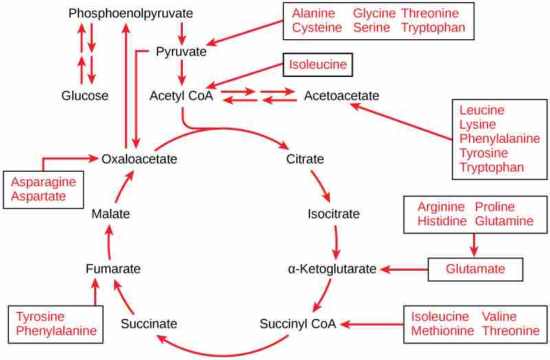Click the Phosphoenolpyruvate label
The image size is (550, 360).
131,14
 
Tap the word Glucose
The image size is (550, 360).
85,96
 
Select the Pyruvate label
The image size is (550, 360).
181,52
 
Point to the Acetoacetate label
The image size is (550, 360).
341,96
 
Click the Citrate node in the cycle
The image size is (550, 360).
305,159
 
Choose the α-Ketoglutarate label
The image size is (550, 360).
332,269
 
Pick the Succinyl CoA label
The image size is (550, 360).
298,324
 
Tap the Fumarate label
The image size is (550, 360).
113,269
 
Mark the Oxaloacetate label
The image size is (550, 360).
139,159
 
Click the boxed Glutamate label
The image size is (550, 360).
475,269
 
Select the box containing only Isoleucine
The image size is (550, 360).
318,66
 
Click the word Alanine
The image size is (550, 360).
313,14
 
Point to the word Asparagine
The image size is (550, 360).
43,182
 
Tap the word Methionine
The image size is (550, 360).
443,331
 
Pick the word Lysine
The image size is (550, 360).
477,124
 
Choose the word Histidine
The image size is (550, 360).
441,221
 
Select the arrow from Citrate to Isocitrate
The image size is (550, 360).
320,185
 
